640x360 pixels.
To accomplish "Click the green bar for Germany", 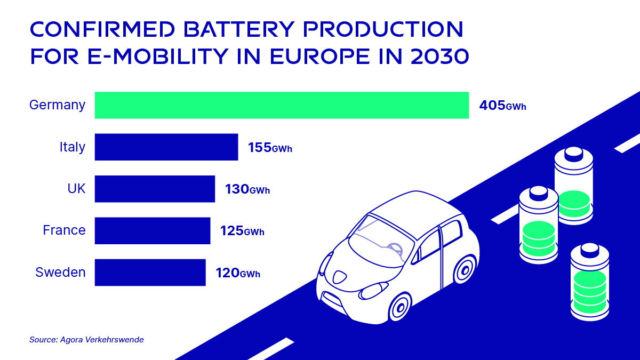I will (x=282, y=105).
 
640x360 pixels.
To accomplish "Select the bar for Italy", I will (x=166, y=147).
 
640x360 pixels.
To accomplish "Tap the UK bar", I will (x=155, y=189).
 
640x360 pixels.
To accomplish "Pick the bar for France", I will (x=153, y=230).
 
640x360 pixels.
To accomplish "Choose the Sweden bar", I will (x=150, y=273).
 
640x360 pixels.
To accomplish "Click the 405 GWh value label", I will (x=502, y=106).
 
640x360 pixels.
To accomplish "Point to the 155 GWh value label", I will (x=270, y=148).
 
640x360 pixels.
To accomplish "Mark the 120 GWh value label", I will (x=238, y=274).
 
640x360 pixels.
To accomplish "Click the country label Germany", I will (x=57, y=105).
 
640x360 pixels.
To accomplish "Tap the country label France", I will (x=64, y=230).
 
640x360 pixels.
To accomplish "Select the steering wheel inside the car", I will (x=395, y=249).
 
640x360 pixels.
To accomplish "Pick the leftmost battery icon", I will (x=539, y=225).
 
